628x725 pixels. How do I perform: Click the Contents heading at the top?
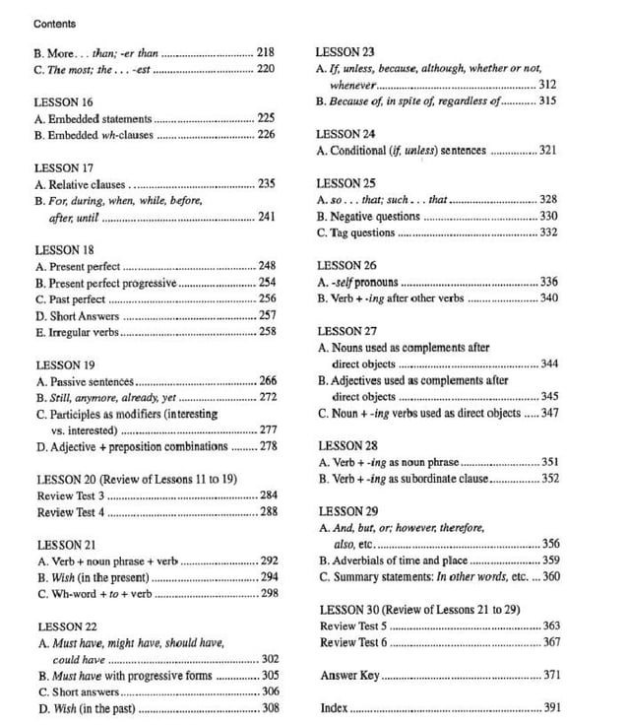pos(54,23)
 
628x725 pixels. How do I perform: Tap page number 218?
pos(266,51)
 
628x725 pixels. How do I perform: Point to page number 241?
pos(266,217)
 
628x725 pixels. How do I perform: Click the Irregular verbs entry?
pos(82,332)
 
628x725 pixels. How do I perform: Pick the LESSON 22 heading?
pos(65,626)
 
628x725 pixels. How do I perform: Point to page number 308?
pos(270,708)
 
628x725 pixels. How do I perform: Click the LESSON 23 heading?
pos(345,51)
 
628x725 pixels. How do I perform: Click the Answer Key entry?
pos(349,676)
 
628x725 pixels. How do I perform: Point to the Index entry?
pos(334,708)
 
